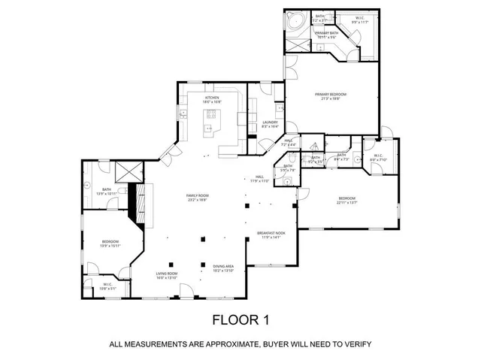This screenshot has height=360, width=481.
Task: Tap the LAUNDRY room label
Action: [271, 123]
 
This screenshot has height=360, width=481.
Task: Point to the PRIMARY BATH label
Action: [325, 34]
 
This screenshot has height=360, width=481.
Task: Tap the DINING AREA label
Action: [223, 266]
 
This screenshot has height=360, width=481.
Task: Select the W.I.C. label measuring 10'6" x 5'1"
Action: [108, 284]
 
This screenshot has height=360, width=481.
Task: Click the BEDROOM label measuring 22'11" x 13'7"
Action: [346, 198]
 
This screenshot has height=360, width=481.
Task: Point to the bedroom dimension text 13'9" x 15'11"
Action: [111, 246]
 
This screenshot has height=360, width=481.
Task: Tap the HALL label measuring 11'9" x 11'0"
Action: [259, 177]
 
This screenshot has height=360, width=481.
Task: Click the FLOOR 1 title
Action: [240, 319]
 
